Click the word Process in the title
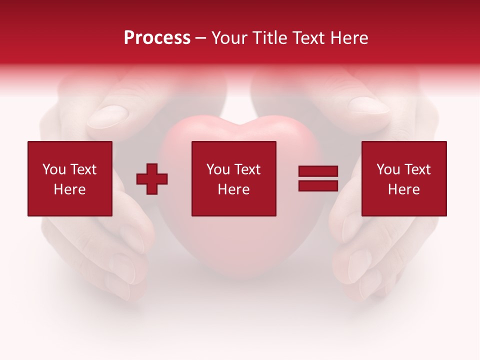click(x=157, y=38)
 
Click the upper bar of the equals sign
click(x=318, y=171)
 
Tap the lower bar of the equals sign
click(x=318, y=185)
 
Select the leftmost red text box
click(x=70, y=178)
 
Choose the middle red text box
click(x=234, y=178)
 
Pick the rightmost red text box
click(x=404, y=178)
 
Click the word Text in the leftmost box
click(x=83, y=169)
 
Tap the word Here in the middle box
click(x=234, y=189)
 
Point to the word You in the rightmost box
click(x=388, y=169)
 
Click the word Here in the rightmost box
click(x=404, y=189)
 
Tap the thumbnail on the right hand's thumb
click(x=369, y=105)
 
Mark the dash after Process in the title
click(x=201, y=38)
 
